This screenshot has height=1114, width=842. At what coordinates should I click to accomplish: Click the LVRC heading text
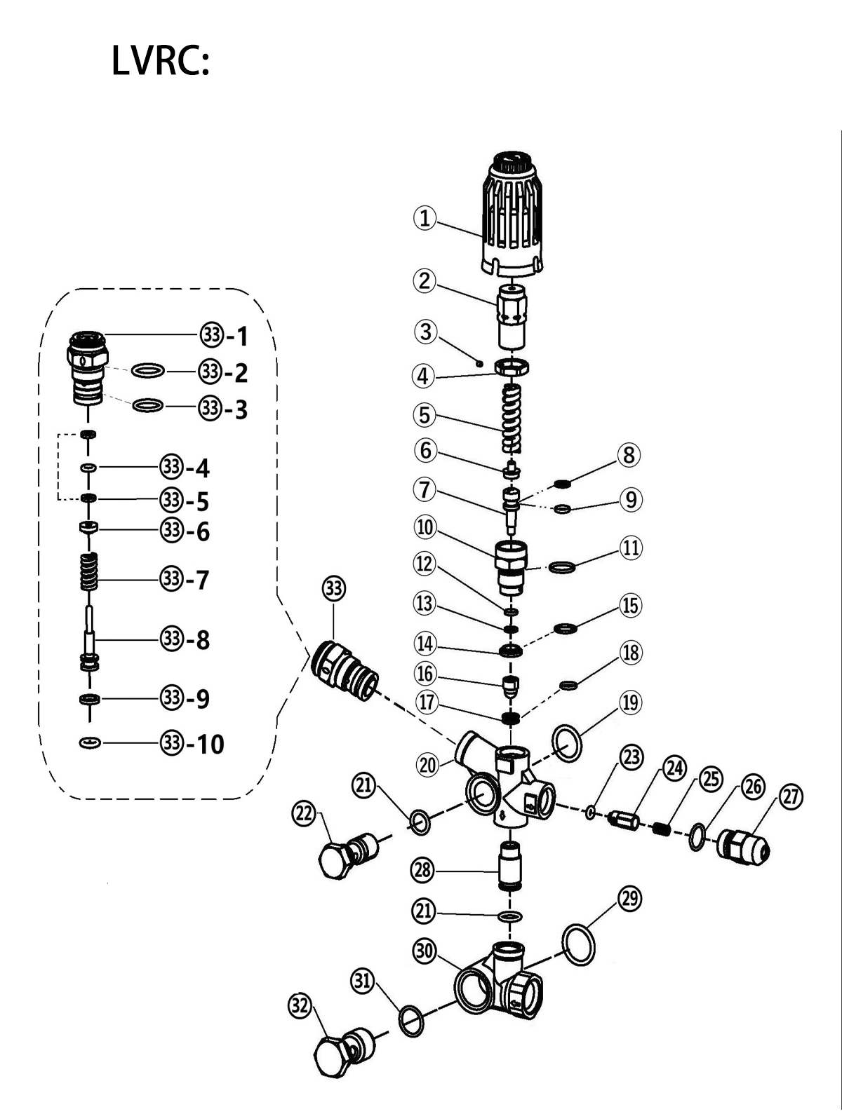point(160,60)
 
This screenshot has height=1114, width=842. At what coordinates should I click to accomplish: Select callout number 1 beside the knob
point(425,219)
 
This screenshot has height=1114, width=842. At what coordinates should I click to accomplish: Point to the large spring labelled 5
point(512,419)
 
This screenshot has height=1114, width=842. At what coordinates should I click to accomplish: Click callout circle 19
point(630,703)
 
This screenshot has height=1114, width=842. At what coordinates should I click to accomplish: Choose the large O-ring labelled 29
point(578,944)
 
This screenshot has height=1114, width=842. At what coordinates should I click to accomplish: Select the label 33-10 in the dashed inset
point(192,744)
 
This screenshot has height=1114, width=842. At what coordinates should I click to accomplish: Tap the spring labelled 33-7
point(89,572)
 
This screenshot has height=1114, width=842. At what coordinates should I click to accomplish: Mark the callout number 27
point(791,797)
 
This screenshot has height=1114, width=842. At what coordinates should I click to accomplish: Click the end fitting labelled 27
point(743,847)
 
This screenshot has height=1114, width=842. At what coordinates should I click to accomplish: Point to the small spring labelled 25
point(662,829)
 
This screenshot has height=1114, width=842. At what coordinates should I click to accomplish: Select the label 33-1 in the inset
point(224,336)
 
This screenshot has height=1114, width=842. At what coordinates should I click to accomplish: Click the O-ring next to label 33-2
point(148,370)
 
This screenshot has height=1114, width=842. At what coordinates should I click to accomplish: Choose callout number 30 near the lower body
point(425,951)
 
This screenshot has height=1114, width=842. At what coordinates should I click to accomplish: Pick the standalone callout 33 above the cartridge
point(334,588)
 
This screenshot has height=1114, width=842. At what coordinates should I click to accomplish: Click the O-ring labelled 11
point(562,566)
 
